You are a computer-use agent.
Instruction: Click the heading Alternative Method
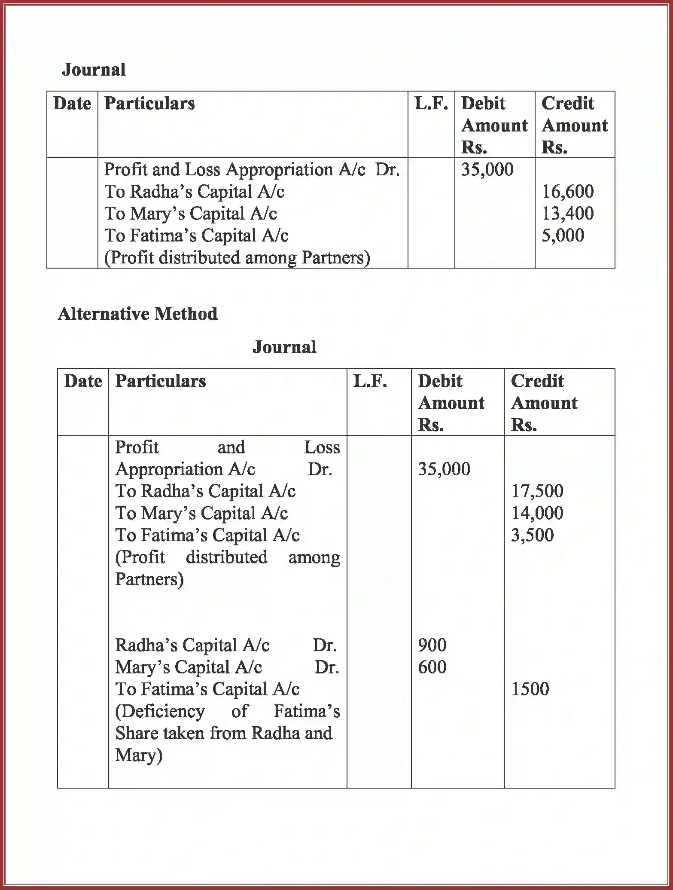[x=137, y=314]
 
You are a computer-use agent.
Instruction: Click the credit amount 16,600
[x=567, y=191]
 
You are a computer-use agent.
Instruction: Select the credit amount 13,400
[x=567, y=213]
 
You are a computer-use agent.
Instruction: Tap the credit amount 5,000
[x=563, y=235]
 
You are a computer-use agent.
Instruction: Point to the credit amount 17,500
[x=537, y=491]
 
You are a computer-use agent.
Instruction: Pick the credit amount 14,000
[x=537, y=513]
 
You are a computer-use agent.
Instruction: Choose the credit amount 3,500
[x=532, y=535]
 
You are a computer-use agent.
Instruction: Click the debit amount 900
[x=432, y=645]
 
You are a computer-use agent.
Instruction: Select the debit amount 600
[x=432, y=667]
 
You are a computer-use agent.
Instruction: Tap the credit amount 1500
[x=530, y=689]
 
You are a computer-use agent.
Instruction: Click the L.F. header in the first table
[x=431, y=104]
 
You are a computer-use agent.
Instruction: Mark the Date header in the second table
[x=83, y=381]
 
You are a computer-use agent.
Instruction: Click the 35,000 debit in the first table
[x=487, y=169]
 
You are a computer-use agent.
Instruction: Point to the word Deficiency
[x=160, y=711]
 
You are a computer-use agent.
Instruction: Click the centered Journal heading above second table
[x=284, y=347]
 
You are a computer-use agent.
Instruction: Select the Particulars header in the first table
[x=149, y=104]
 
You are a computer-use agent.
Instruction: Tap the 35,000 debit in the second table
[x=444, y=469]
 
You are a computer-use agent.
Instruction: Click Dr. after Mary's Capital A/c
[x=326, y=667]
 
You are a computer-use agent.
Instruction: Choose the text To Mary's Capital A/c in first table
[x=190, y=214]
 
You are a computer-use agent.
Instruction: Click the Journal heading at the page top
[x=94, y=70]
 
